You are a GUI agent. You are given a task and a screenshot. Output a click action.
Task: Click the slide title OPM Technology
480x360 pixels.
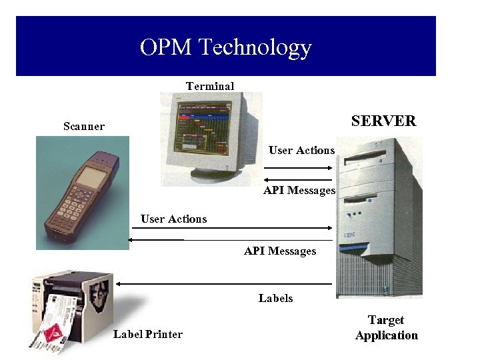tap(226, 47)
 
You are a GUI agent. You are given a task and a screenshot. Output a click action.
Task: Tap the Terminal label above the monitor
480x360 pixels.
tap(210, 86)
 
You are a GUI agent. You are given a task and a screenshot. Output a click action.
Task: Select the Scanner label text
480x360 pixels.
tap(84, 126)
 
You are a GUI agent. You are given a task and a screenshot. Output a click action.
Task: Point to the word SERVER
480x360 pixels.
tap(383, 121)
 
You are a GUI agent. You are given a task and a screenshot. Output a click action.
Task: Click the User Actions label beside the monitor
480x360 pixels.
tap(301, 150)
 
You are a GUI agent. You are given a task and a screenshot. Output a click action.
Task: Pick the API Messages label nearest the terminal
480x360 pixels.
tap(299, 191)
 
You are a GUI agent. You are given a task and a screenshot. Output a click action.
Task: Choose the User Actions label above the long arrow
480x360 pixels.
tap(173, 219)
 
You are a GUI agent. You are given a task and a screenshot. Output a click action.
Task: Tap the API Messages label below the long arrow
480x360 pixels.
tap(280, 251)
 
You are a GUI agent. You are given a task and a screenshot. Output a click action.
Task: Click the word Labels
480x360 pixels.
tap(275, 298)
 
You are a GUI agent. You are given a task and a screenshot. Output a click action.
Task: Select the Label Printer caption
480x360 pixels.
tap(147, 334)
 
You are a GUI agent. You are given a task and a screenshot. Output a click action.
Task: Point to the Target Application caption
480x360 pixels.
tap(386, 328)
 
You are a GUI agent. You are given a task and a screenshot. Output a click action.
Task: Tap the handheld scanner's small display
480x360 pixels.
tap(90, 177)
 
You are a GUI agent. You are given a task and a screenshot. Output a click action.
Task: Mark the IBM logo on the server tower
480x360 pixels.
tap(349, 235)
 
